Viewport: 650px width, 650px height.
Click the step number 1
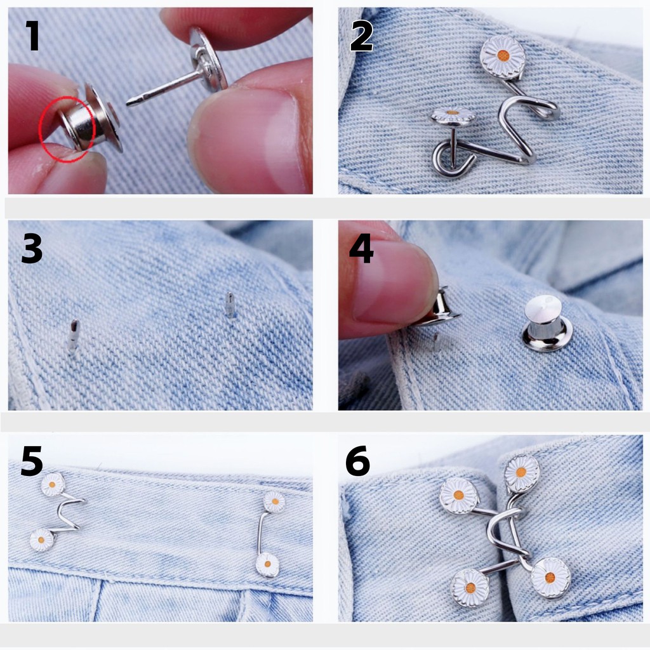click(32, 36)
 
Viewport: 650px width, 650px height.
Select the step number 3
click(32, 248)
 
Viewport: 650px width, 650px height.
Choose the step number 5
click(32, 461)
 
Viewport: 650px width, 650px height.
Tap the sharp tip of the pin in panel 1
click(129, 102)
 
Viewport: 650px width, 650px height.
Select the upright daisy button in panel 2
click(503, 56)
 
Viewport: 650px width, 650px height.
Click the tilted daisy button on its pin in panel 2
click(453, 116)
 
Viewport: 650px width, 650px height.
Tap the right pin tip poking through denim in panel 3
click(230, 305)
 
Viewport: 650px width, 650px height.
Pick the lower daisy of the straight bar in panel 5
click(267, 564)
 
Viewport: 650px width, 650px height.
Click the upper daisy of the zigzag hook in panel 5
click(53, 484)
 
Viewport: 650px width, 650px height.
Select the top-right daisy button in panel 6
click(522, 472)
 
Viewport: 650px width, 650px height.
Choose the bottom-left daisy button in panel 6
click(470, 588)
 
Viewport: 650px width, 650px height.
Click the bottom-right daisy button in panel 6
click(550, 578)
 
